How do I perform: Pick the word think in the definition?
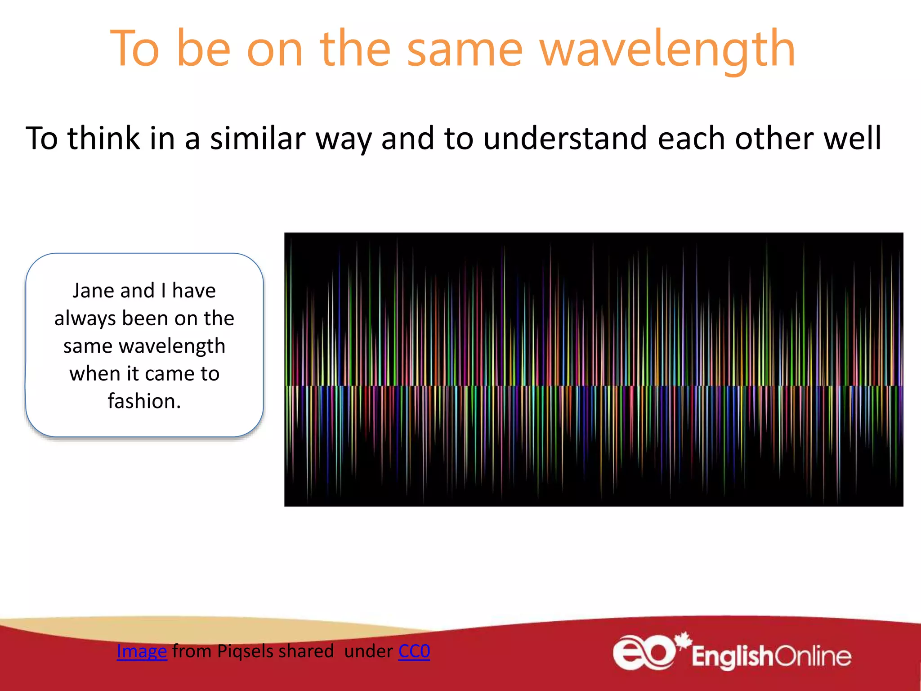(x=103, y=138)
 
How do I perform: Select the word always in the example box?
(x=85, y=319)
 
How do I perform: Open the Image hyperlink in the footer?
(x=142, y=651)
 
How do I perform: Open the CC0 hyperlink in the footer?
(x=414, y=651)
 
